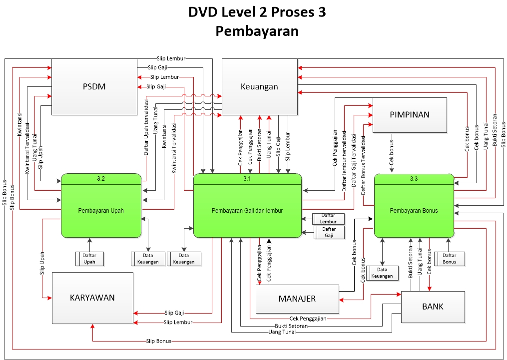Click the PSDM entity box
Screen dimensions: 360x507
coord(94,87)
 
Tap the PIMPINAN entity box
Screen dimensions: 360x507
coord(409,115)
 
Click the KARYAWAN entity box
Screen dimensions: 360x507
coord(92,298)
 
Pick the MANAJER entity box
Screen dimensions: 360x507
coord(297,299)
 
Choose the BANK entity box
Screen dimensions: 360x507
coord(433,306)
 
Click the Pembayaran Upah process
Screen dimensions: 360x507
coord(101,210)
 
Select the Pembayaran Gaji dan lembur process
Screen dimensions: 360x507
coord(247,210)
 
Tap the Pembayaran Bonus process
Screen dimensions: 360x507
coord(414,210)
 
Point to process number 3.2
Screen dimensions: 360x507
coord(101,178)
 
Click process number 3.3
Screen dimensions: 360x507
coord(414,178)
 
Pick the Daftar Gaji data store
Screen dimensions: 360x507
coord(330,232)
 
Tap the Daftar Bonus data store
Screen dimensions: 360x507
coord(450,259)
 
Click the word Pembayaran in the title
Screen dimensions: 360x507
coord(257,31)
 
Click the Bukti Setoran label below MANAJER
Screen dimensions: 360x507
coord(291,326)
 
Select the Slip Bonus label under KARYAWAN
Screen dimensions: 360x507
coord(159,341)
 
